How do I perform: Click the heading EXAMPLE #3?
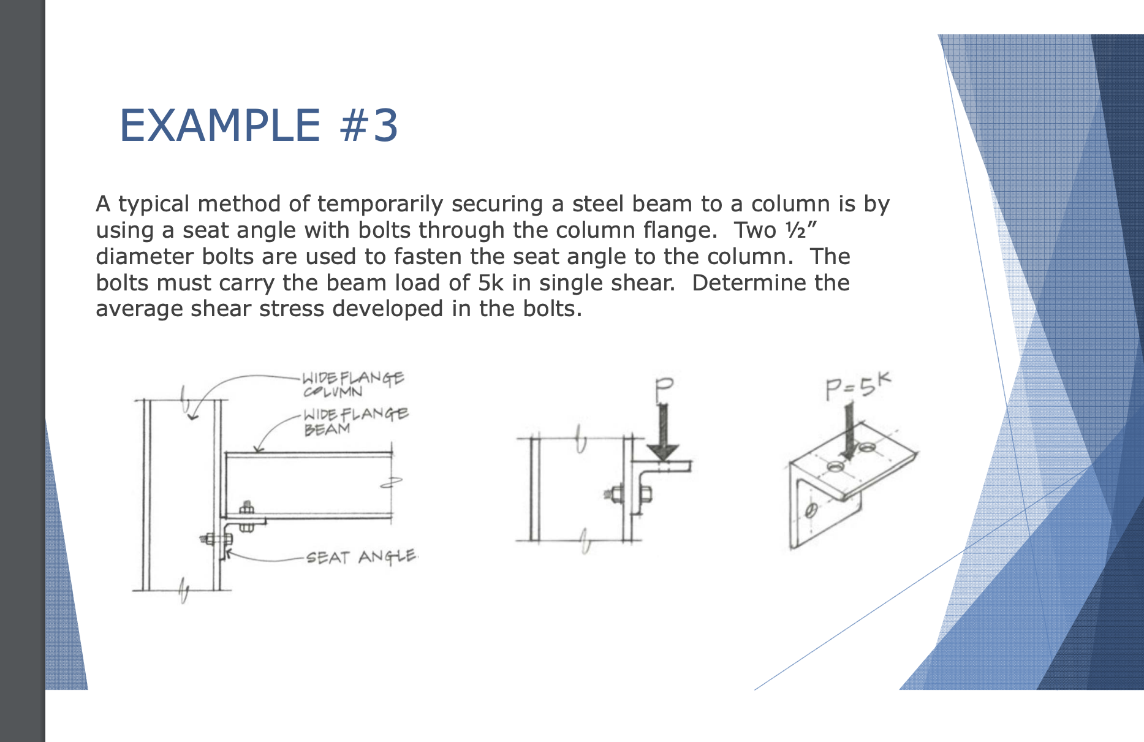[x=259, y=126]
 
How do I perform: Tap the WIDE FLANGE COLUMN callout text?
[x=352, y=384]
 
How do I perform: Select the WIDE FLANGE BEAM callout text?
[x=355, y=421]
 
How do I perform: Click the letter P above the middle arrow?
[x=663, y=389]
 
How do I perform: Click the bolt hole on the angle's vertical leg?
[x=811, y=509]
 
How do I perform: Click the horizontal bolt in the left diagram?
[x=216, y=539]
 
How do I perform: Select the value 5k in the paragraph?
[x=491, y=283]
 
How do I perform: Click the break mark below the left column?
[x=184, y=590]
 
